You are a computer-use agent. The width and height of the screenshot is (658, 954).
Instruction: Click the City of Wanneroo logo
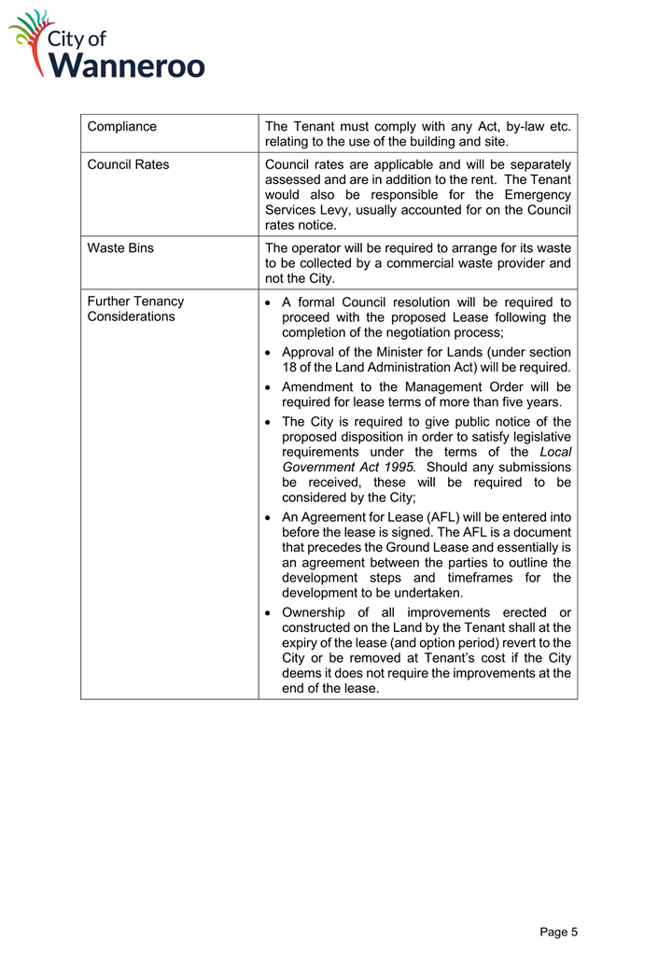106,45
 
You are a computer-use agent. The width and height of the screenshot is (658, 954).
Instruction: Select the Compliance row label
121,126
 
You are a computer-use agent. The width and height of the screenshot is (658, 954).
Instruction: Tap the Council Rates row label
128,164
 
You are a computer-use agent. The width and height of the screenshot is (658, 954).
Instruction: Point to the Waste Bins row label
120,248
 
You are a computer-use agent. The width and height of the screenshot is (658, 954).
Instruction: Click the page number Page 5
558,932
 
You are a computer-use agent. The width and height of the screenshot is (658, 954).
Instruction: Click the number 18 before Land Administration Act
289,367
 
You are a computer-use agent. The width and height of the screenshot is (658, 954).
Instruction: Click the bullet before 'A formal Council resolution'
269,302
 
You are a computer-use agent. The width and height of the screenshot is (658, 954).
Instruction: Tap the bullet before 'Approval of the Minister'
269,352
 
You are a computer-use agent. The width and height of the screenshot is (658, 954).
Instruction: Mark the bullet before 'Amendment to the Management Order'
269,386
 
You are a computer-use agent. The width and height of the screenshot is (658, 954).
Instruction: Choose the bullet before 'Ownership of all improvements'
269,613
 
